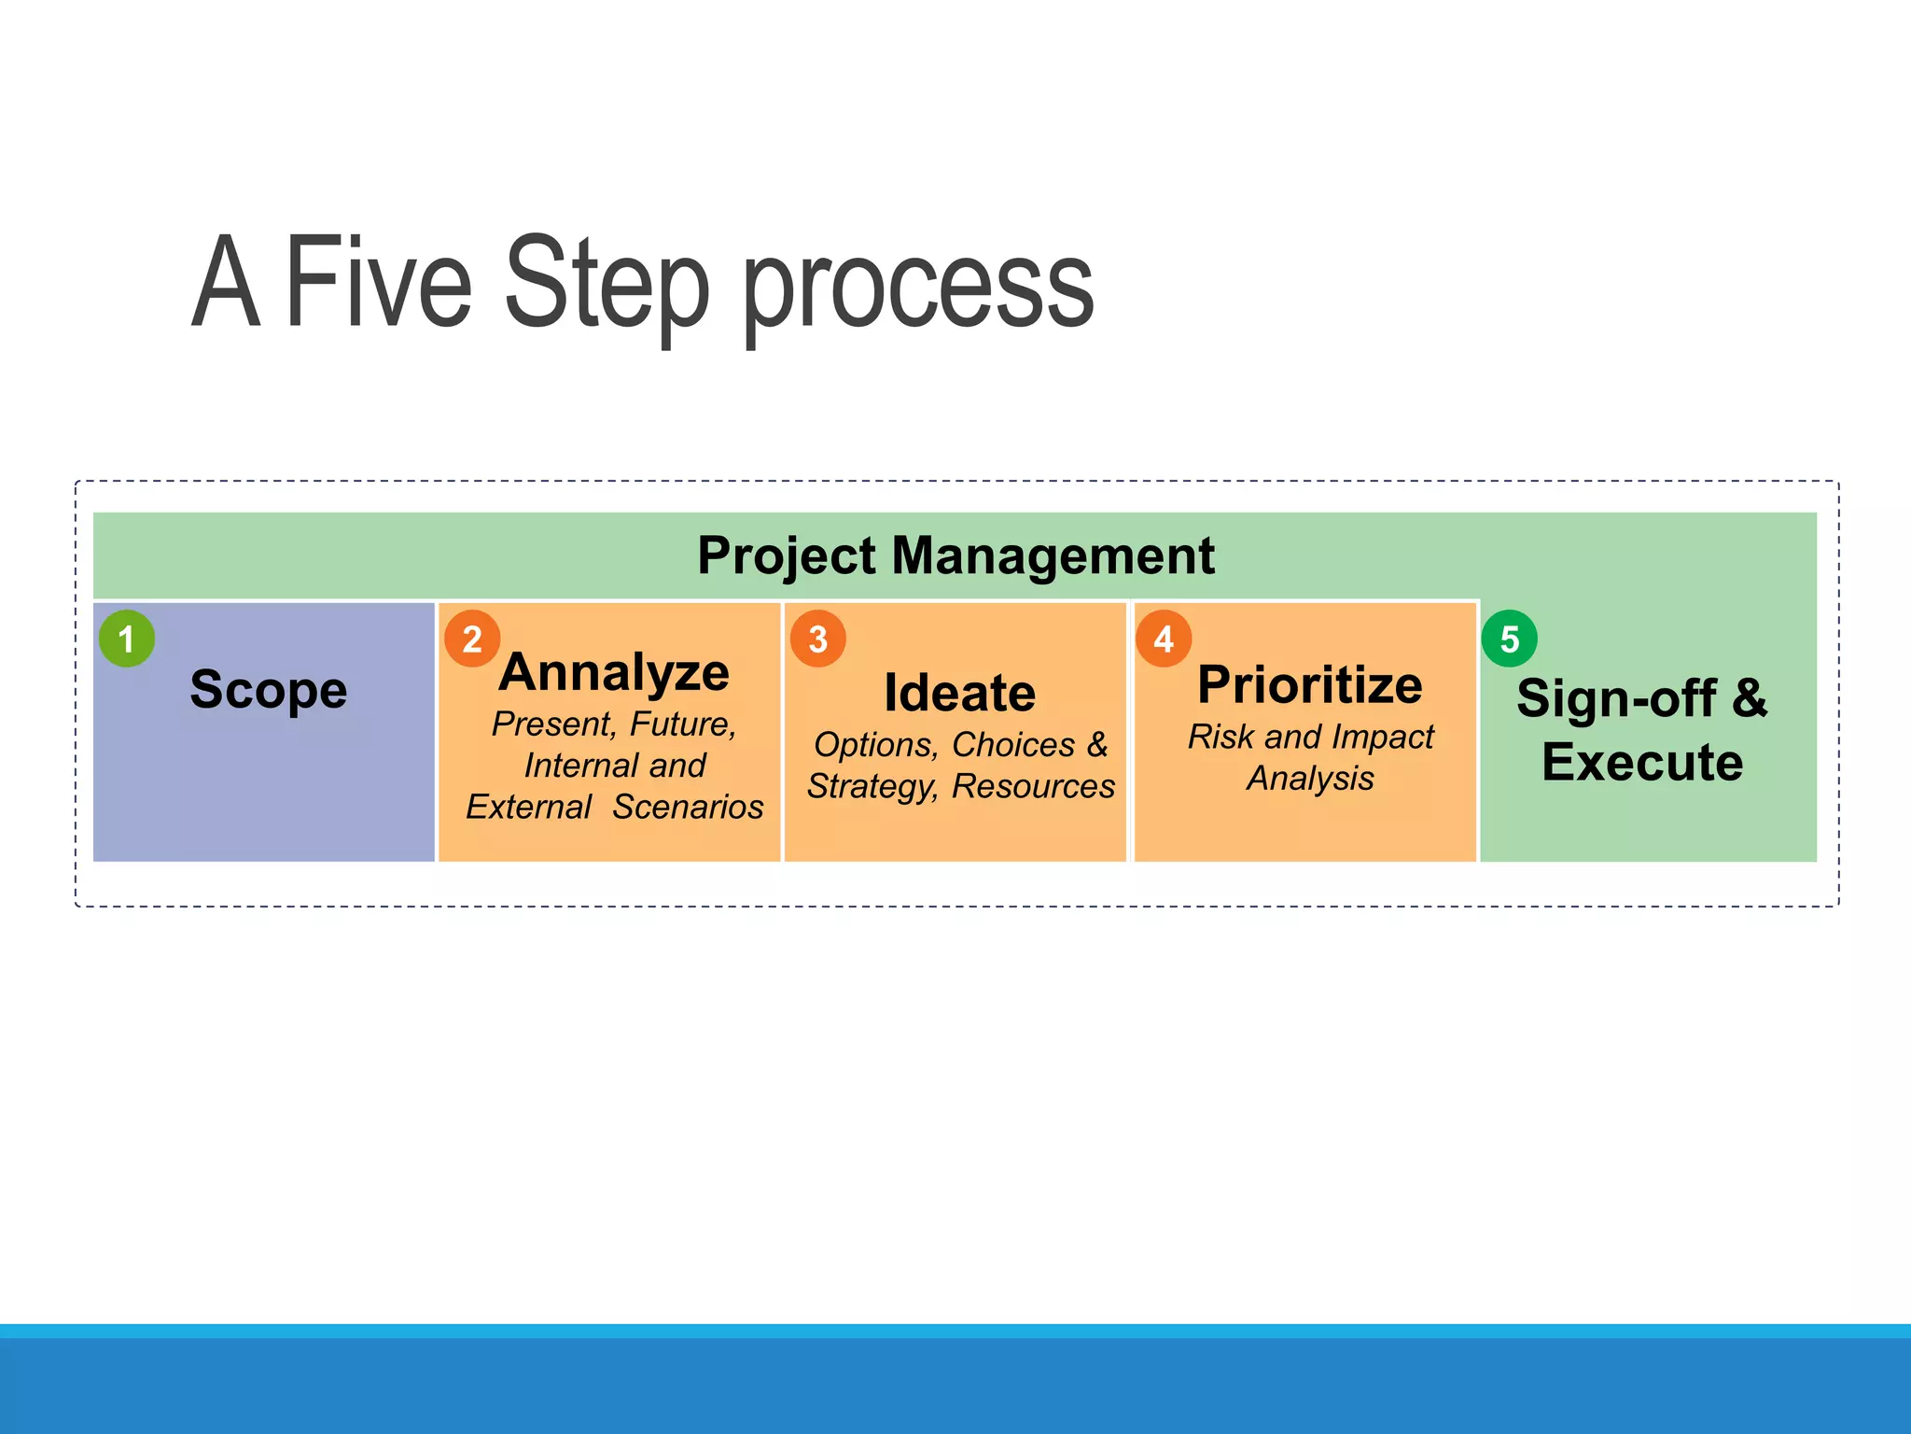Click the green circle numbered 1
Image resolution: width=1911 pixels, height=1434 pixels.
pyautogui.click(x=127, y=639)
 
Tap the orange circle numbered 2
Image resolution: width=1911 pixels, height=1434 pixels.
pyautogui.click(x=472, y=639)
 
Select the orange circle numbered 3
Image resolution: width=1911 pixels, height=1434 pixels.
pyautogui.click(x=818, y=639)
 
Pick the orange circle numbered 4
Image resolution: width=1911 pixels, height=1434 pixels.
pyautogui.click(x=1164, y=639)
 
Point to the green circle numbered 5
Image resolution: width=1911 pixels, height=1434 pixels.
pyautogui.click(x=1509, y=639)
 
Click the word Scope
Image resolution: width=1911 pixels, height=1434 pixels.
pyautogui.click(x=269, y=691)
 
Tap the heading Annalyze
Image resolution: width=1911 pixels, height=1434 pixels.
pyautogui.click(x=614, y=673)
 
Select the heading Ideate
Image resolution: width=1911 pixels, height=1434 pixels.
pyautogui.click(x=959, y=693)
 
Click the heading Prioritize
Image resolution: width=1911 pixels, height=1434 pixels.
pyautogui.click(x=1310, y=685)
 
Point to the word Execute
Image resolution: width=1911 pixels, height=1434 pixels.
pyautogui.click(x=1642, y=762)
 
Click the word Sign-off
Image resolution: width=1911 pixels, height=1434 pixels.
pyautogui.click(x=1616, y=698)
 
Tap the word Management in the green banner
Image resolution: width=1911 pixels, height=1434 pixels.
pyautogui.click(x=1053, y=555)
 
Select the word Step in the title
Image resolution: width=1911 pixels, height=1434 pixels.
pyautogui.click(x=607, y=285)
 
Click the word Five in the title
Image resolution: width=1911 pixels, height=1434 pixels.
pyautogui.click(x=378, y=282)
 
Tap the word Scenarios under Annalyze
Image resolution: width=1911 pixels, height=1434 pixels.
pyautogui.click(x=688, y=807)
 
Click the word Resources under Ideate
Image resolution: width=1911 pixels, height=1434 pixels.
pyautogui.click(x=1033, y=786)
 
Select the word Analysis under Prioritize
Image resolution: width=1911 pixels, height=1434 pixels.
pyautogui.click(x=1310, y=778)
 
